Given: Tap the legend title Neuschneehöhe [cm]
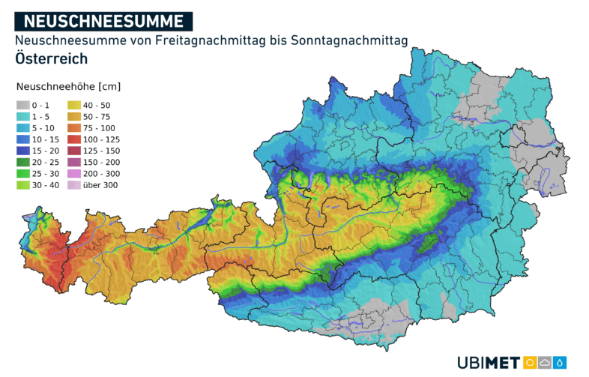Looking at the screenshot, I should [x=67, y=87].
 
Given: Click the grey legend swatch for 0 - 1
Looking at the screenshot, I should [x=23, y=106].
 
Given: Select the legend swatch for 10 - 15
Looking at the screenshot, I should [x=23, y=139].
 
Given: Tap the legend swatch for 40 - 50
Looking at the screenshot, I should [x=75, y=106].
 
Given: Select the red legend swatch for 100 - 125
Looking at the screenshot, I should [x=75, y=139].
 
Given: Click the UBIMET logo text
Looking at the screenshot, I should [x=488, y=363].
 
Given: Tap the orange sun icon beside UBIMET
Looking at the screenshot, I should [x=531, y=363].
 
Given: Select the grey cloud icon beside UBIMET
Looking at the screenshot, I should [x=546, y=363].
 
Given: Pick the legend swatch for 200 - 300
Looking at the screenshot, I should [x=75, y=173].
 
